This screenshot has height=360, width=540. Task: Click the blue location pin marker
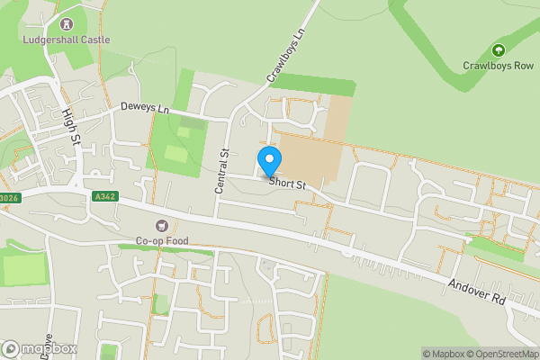pyautogui.click(x=268, y=162)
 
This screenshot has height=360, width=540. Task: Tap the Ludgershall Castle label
pyautogui.click(x=67, y=40)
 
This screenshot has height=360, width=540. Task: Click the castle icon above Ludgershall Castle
pyautogui.click(x=66, y=23)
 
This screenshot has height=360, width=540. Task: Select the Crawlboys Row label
pyautogui.click(x=498, y=66)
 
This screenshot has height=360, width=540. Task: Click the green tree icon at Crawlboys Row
pyautogui.click(x=498, y=49)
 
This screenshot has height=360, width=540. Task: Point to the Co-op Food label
pyautogui.click(x=162, y=240)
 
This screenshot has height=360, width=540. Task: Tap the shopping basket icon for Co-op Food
pyautogui.click(x=162, y=225)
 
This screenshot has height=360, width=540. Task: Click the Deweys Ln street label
pyautogui.click(x=145, y=108)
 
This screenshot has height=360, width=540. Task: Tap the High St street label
pyautogui.click(x=71, y=126)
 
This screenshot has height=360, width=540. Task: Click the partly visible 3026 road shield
pyautogui.click(x=9, y=199)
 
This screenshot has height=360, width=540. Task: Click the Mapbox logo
pyautogui.click(x=40, y=348)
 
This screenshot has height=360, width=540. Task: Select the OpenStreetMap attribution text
pyautogui.click(x=500, y=354)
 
